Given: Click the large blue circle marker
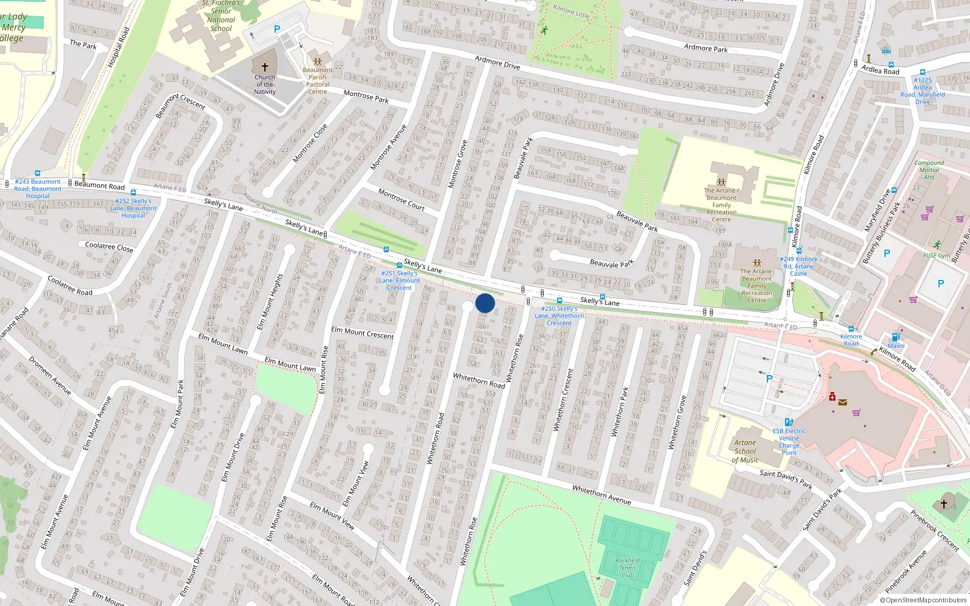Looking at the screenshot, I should point(485,303).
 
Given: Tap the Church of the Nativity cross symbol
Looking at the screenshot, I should point(265,67).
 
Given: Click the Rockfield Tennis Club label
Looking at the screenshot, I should point(627,568).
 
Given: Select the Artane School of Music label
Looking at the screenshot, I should point(745,451).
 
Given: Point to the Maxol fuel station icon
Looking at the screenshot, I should point(895,338).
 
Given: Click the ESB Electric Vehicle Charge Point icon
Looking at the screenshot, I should point(789,422).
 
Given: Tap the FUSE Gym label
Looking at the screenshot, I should point(937,256).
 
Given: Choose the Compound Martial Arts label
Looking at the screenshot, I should point(929,170).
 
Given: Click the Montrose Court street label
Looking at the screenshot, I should point(401,199).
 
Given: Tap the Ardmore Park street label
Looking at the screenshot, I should point(706,48).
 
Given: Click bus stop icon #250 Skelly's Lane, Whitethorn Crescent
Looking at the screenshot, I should point(559,301).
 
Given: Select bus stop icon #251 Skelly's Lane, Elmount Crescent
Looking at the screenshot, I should point(399,265).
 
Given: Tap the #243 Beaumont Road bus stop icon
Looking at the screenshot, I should point(38,174).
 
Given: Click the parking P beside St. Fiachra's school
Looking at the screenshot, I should point(277,29).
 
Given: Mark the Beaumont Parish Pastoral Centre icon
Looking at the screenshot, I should point(317,61).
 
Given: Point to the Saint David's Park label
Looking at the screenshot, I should point(786,479).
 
